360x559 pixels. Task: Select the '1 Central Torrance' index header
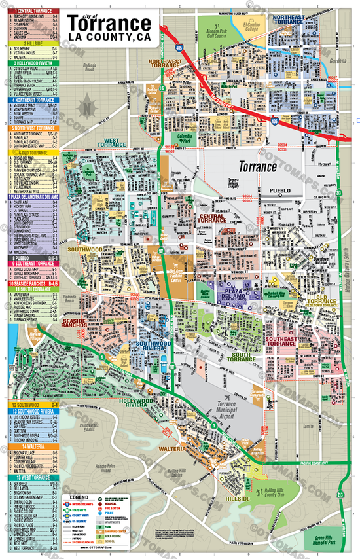point(31,12)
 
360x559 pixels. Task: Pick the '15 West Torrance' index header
point(31,478)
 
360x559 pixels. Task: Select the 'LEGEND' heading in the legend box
point(79,497)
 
